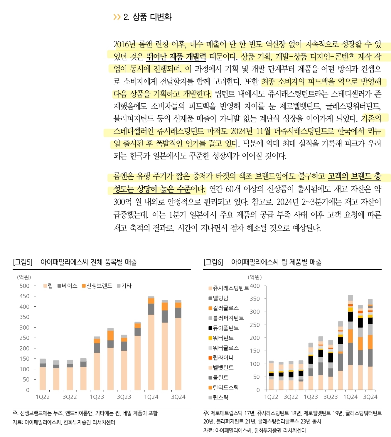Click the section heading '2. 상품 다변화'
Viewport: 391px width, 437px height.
coord(147,17)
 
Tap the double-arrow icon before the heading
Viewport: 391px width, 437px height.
coord(117,17)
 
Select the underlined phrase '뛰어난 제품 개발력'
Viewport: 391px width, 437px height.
coord(176,56)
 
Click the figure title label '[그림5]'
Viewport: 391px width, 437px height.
coord(23,262)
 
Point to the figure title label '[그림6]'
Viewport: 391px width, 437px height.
coord(213,262)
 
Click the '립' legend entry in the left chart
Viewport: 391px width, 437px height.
coord(48,286)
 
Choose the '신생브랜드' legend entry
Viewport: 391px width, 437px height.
coord(97,286)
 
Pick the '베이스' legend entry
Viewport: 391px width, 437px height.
coord(68,286)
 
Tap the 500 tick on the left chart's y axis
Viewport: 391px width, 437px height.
coord(25,286)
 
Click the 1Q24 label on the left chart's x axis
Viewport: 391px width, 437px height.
coord(151,397)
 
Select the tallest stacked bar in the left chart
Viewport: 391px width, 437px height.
coord(151,343)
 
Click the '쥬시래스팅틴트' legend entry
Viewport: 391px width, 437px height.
coord(229,288)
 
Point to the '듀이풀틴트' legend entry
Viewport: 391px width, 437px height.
coord(224,328)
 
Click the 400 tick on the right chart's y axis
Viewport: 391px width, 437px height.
coord(255,286)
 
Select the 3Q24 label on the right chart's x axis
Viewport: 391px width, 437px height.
coord(370,397)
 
